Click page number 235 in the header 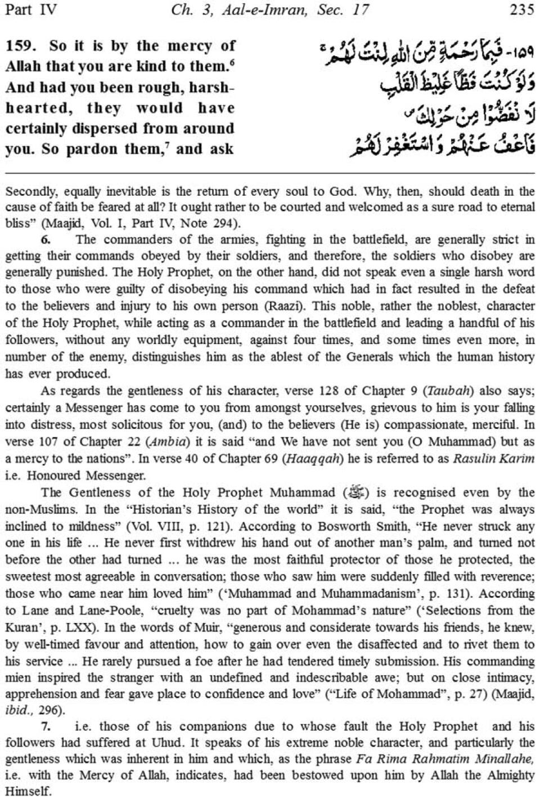click(521, 10)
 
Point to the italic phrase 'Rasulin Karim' click(493, 458)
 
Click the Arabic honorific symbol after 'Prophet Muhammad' click(359, 493)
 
